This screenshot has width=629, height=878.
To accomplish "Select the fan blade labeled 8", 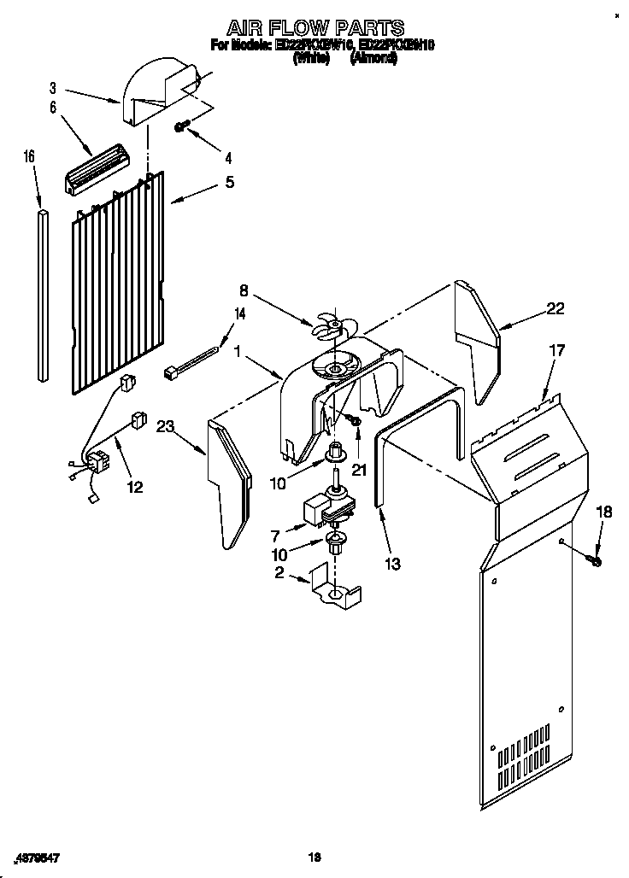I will tap(328, 325).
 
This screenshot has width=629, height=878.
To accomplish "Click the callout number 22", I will tap(556, 308).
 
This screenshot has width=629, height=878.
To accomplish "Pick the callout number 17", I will tap(556, 349).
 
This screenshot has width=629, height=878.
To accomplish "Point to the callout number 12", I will tap(135, 487).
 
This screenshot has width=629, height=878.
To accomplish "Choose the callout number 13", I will tap(392, 564).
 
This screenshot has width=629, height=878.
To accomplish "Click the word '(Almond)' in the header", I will tap(373, 60).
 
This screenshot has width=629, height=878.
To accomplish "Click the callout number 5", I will tap(229, 182).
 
